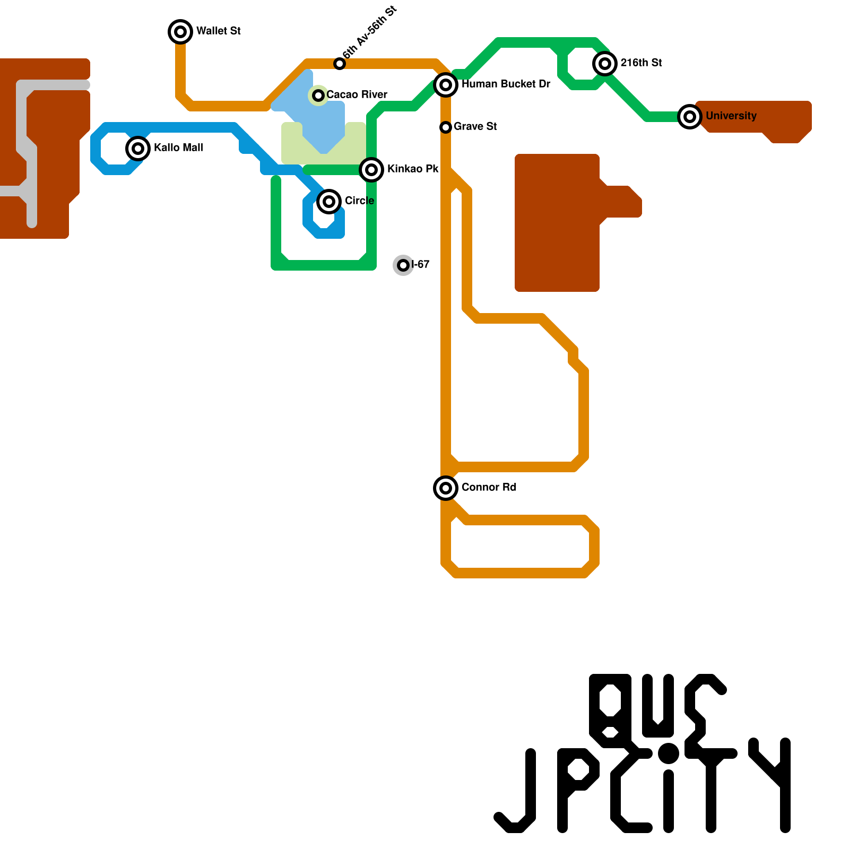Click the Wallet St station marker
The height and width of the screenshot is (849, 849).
(x=180, y=32)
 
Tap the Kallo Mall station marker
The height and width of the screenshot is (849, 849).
(x=138, y=149)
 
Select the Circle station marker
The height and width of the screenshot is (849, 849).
(x=329, y=202)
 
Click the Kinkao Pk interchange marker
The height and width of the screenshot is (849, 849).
(x=371, y=170)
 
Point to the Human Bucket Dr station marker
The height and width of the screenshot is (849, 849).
(x=446, y=85)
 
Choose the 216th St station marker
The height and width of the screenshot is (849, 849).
(x=605, y=64)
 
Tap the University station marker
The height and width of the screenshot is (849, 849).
(x=690, y=117)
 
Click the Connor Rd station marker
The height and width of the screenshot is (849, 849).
(x=446, y=488)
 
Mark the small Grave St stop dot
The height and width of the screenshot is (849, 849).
(x=446, y=127)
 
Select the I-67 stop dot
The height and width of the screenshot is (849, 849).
(x=403, y=265)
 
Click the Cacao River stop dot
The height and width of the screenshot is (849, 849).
(x=318, y=96)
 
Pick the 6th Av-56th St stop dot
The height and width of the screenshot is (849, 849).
(x=340, y=64)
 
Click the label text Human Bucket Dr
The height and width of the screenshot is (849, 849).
(x=506, y=84)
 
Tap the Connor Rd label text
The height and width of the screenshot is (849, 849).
(x=489, y=487)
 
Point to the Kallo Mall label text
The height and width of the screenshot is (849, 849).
(x=178, y=148)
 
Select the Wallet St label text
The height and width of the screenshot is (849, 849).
(x=219, y=31)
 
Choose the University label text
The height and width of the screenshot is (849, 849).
(x=731, y=116)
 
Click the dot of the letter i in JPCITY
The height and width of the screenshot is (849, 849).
(x=669, y=753)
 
